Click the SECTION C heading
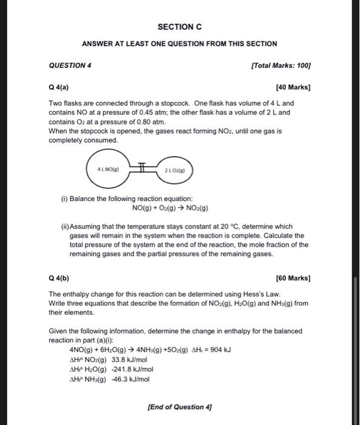(x=179, y=27)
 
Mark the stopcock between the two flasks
(x=142, y=168)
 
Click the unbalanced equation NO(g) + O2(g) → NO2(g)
(x=171, y=208)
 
